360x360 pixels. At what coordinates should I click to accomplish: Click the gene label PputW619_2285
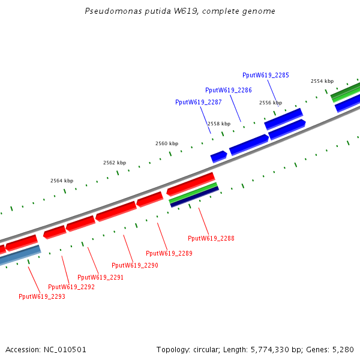265,75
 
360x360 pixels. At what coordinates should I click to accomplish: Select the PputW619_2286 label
228,90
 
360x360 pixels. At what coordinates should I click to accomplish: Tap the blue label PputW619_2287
198,102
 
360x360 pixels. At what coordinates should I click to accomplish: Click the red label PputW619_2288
211,238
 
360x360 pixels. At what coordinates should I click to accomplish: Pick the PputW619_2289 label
169,253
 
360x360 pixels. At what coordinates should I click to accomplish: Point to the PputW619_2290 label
135,265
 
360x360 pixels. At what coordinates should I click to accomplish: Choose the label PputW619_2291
100,277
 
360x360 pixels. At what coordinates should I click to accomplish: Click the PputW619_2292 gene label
71,287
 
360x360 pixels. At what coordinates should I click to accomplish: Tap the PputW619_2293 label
41,296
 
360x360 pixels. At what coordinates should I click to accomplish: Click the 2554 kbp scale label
322,81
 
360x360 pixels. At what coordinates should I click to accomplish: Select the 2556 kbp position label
270,103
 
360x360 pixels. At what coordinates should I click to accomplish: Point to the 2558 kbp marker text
218,123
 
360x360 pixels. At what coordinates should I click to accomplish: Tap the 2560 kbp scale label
167,143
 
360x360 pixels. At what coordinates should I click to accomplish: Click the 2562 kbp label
115,163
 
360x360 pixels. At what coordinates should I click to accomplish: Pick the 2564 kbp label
62,181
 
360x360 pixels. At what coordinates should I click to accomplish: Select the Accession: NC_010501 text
46,349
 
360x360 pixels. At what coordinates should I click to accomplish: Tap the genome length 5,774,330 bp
267,349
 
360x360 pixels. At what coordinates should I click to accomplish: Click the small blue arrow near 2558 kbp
218,157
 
